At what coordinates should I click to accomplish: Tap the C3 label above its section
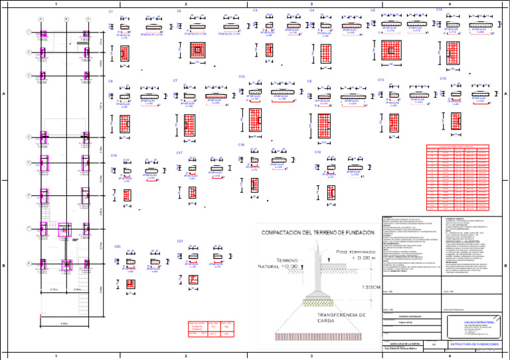[256, 11]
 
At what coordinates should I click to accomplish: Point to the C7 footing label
[175, 80]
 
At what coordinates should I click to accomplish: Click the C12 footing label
[242, 77]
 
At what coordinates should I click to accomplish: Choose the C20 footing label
[117, 246]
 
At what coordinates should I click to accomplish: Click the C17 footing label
[179, 153]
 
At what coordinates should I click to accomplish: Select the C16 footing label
[114, 155]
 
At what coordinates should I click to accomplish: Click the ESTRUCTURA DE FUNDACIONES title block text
[473, 343]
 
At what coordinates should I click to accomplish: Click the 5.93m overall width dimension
[64, 323]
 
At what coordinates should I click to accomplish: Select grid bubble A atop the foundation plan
[41, 19]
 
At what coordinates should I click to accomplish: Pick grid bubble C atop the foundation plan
[88, 19]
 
